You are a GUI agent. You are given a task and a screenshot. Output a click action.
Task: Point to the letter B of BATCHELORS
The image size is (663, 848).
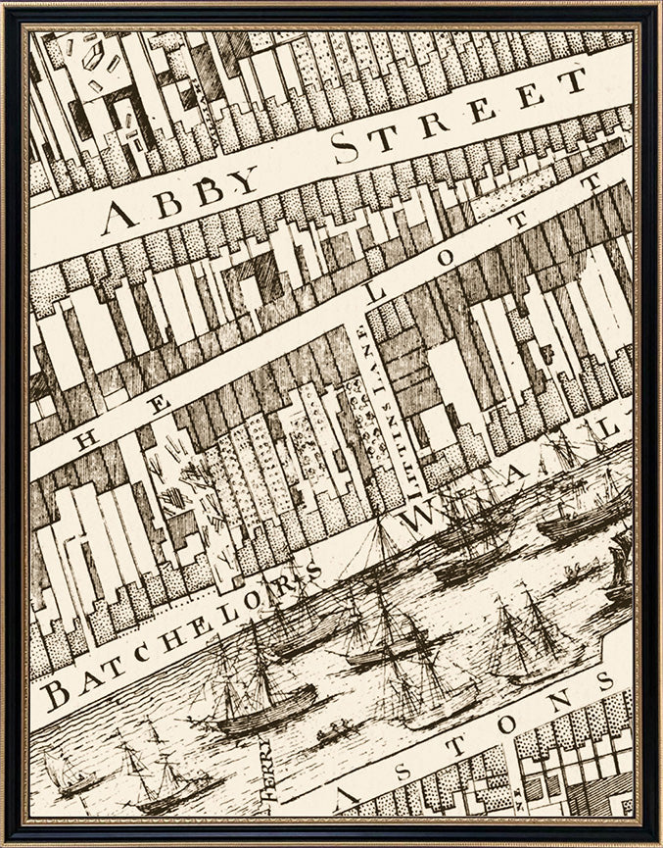(x=56, y=694)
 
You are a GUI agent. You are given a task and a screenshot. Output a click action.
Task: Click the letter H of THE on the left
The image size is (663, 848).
(x=85, y=440)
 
